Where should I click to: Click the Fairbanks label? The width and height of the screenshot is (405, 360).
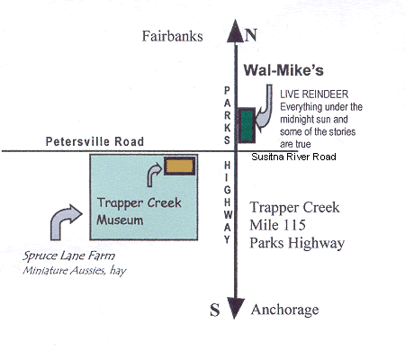(x=172, y=36)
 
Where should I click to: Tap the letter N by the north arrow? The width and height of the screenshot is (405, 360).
(x=251, y=35)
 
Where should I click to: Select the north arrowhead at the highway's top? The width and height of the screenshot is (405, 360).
(x=236, y=31)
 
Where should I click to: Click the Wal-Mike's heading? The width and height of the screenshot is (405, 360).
(x=283, y=70)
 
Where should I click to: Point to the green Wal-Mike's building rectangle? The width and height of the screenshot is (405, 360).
(x=247, y=125)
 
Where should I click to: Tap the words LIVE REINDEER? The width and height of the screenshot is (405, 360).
(x=314, y=94)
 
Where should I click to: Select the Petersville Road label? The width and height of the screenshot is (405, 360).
(x=94, y=141)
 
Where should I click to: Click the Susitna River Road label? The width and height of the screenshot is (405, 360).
(x=293, y=157)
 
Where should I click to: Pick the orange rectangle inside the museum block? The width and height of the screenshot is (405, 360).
(x=179, y=166)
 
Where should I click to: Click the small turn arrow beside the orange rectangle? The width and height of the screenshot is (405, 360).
(x=153, y=175)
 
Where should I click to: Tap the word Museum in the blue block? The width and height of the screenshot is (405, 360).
(x=120, y=220)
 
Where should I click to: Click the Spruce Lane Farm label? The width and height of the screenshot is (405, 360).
(x=68, y=256)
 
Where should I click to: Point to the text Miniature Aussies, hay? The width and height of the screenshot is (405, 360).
(x=75, y=271)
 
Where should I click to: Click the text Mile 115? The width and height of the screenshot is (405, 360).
(x=277, y=225)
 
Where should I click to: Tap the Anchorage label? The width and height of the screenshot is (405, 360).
(x=284, y=310)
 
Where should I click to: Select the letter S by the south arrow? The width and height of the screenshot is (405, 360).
(x=215, y=310)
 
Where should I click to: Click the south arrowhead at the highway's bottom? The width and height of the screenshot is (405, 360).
(x=236, y=309)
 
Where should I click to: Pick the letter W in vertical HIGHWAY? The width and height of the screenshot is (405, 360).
(x=228, y=215)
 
